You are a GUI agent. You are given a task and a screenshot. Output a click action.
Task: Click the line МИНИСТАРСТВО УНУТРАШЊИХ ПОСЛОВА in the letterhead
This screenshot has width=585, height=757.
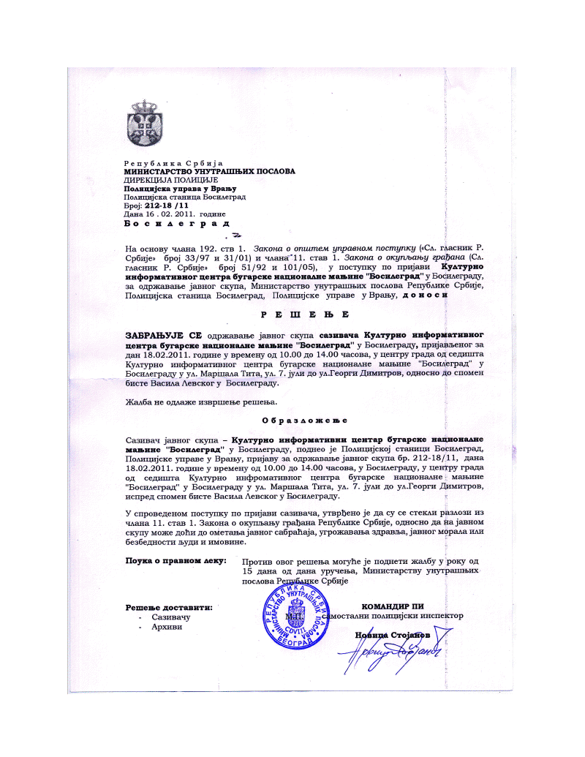[210, 171]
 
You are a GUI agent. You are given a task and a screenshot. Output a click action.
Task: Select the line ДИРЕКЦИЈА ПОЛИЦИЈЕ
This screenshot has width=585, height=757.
[171, 180]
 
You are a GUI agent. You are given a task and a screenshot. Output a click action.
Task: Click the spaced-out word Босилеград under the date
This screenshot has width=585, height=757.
[176, 224]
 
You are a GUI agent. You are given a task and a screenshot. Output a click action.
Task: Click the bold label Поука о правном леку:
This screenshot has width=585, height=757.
[173, 561]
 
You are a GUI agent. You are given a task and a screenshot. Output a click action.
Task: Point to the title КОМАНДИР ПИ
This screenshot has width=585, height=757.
[393, 606]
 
